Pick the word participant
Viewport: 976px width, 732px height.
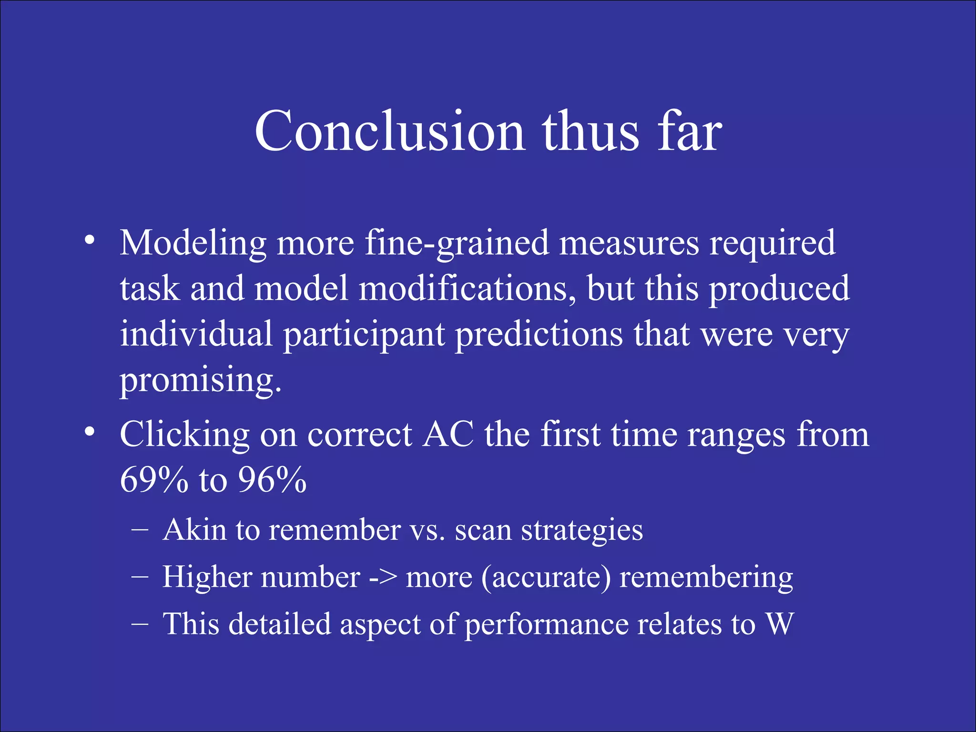tap(364, 335)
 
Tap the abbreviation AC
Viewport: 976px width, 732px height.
tap(448, 435)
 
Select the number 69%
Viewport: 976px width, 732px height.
tap(154, 480)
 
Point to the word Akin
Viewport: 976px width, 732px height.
tap(194, 530)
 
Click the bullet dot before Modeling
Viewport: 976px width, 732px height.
tap(89, 239)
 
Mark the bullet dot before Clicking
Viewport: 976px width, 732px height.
tap(89, 431)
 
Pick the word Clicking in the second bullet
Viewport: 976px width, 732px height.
tap(184, 436)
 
